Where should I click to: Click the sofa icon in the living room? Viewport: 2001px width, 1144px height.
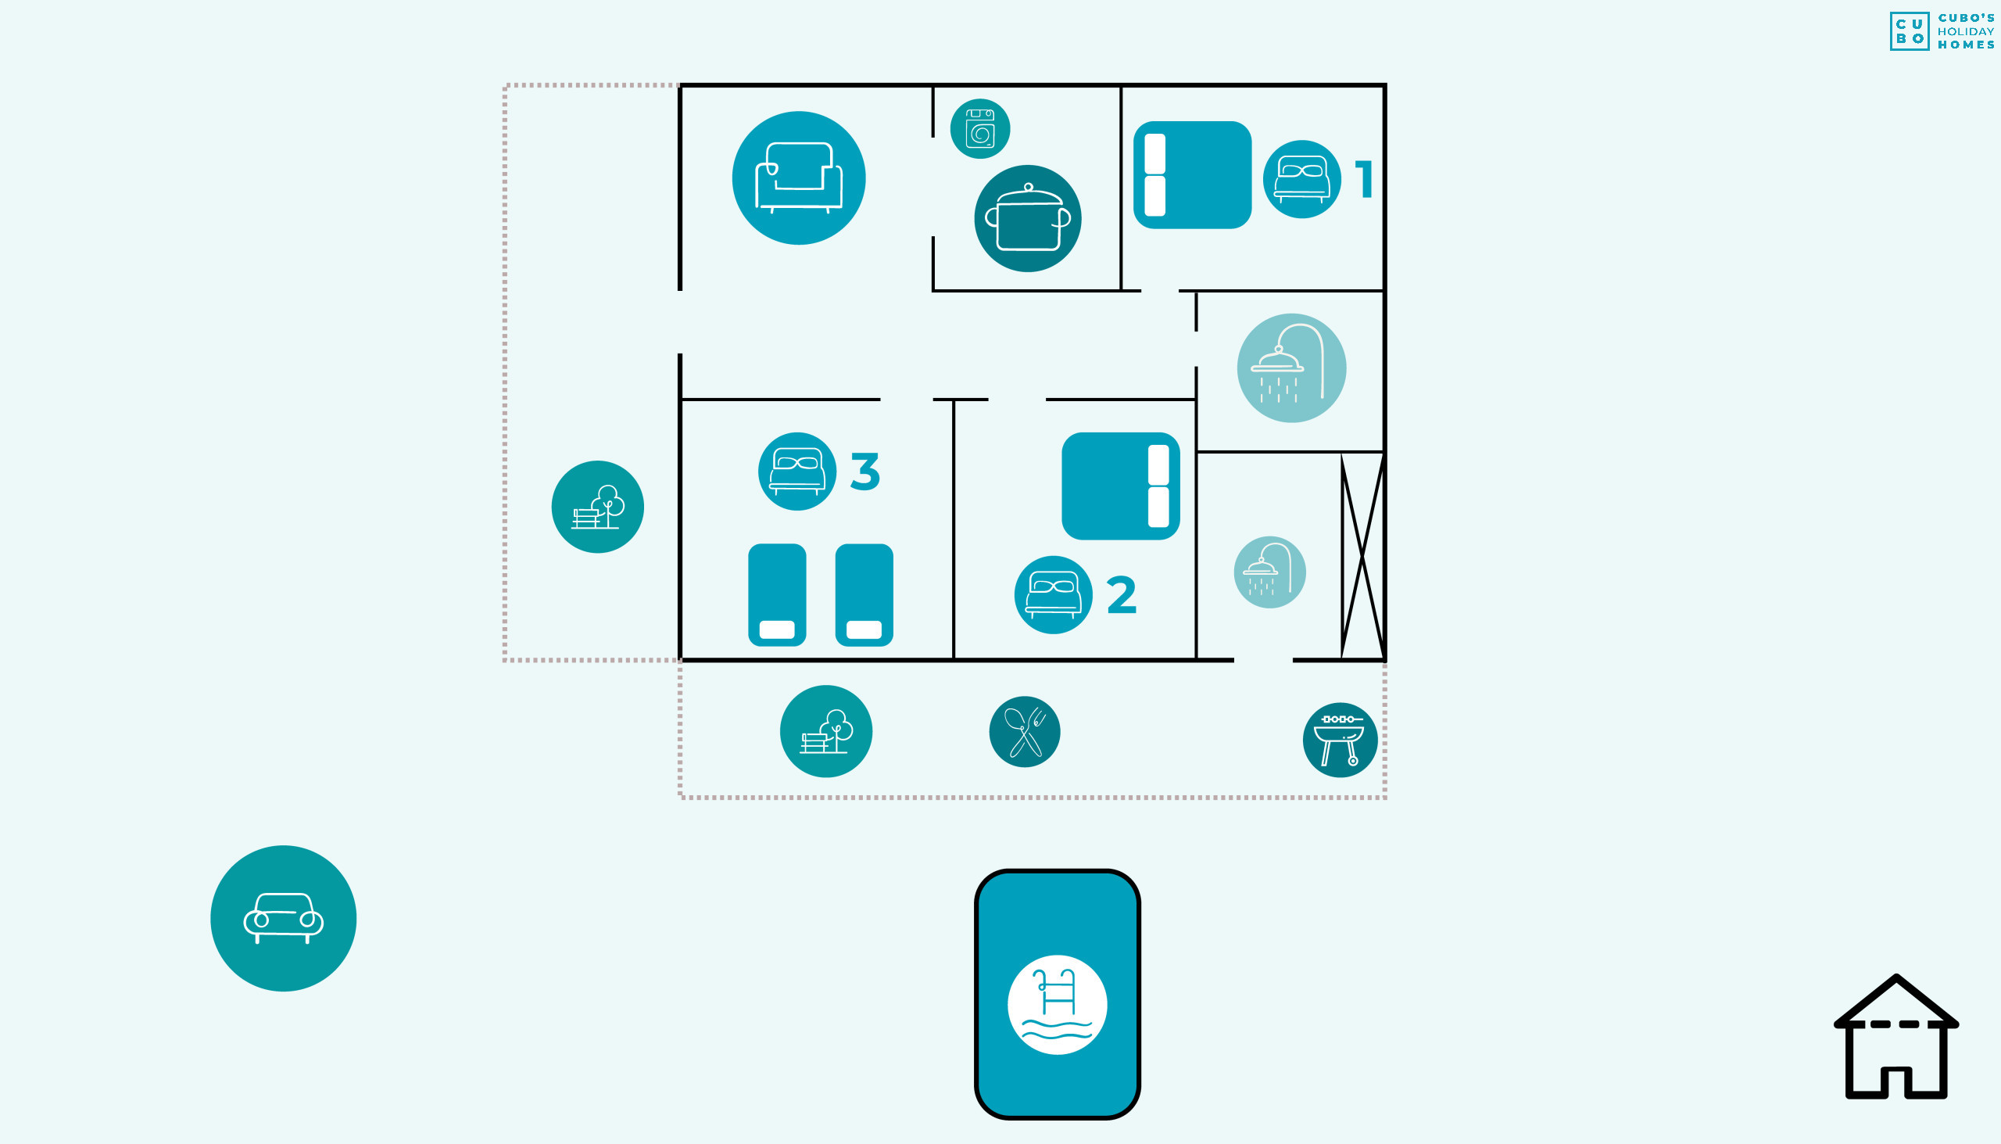click(799, 178)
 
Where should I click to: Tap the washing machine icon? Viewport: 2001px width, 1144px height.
click(980, 129)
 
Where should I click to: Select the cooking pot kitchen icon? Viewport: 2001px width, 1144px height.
click(1028, 218)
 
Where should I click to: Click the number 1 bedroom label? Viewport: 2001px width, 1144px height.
click(1364, 178)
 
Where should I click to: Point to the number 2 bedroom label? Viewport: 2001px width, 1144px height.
click(1122, 594)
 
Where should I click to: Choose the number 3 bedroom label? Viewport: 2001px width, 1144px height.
click(865, 472)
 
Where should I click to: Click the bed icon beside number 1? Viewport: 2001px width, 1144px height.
click(1302, 179)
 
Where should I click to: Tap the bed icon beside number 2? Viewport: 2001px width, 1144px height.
click(1053, 595)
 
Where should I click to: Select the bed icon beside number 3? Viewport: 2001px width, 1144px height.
click(797, 472)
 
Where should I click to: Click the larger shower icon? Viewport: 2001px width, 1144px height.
click(1292, 368)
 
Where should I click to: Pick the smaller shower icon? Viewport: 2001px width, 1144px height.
click(1270, 572)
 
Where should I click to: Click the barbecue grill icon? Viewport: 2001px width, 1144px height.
click(1341, 741)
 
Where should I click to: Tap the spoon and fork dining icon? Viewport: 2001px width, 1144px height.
click(1025, 731)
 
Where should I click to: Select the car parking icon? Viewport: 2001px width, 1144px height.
click(284, 919)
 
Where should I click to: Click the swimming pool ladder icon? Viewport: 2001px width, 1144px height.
click(1058, 1005)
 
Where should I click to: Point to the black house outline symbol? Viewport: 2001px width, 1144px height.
click(1896, 1037)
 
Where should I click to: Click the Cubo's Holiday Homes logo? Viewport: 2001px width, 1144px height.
click(1942, 31)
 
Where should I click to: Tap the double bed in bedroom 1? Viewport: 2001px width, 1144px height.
click(1192, 174)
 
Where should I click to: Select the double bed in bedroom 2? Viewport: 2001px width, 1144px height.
click(1121, 486)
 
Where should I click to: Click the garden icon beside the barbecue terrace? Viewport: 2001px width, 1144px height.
click(826, 731)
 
